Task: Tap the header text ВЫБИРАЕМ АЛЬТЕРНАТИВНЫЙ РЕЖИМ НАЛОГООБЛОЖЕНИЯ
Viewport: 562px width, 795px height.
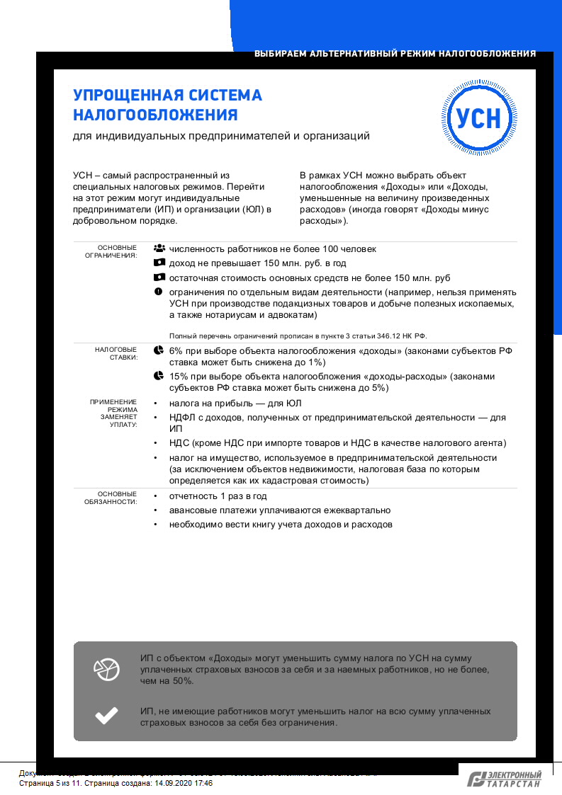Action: pos(395,54)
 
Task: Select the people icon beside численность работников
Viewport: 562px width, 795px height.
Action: pos(159,248)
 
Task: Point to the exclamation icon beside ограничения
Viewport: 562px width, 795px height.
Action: pos(159,292)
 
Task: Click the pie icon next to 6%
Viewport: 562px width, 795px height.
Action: pos(159,350)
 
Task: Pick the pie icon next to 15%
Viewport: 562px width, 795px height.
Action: pos(159,376)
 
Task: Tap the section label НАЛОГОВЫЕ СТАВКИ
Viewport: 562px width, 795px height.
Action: pos(116,353)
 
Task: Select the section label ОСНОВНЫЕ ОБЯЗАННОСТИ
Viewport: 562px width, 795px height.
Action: pos(116,497)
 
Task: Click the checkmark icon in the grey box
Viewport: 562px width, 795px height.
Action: pos(106,716)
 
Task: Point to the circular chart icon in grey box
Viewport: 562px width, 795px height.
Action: pos(106,669)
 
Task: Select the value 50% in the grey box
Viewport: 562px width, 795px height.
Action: pos(183,680)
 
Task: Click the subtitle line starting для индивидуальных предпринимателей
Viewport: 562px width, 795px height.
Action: pos(221,136)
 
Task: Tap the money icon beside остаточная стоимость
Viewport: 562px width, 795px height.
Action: pos(159,278)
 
